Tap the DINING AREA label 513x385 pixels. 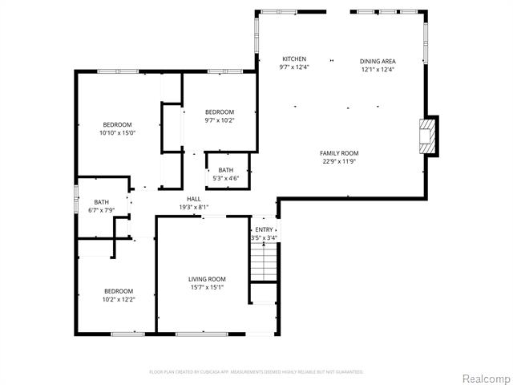(378, 61)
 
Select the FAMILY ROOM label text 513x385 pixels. (339, 152)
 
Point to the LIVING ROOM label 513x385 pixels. (206, 279)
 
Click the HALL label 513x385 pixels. (194, 199)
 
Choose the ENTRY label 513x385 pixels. (264, 229)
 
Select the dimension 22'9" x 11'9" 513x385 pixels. (339, 161)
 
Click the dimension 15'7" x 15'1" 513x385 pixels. (206, 288)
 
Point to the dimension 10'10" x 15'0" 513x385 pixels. (117, 134)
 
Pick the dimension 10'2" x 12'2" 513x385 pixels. (118, 299)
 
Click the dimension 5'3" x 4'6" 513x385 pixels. (226, 178)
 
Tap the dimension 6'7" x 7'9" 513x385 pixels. (101, 211)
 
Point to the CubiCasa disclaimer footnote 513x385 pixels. (256, 371)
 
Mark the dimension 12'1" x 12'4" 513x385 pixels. (378, 70)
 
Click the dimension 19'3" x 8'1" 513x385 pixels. (194, 208)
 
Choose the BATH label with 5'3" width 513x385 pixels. (226, 169)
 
